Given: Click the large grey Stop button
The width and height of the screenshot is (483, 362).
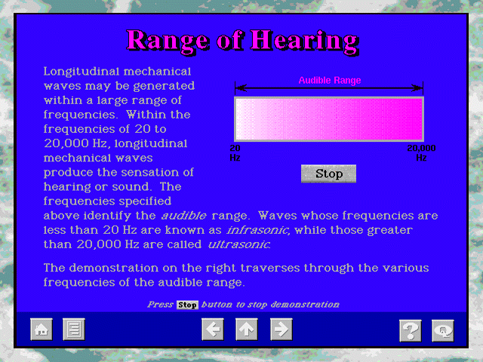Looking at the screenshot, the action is click(328, 174).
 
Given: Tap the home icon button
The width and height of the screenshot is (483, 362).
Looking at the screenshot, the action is click(42, 330).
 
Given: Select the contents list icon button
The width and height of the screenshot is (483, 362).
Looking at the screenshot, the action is click(74, 330).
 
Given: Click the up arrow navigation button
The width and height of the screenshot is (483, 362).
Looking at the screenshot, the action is click(247, 330).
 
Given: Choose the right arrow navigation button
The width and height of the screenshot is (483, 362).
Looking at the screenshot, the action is click(281, 330).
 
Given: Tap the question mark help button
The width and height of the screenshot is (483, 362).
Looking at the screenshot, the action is click(411, 330).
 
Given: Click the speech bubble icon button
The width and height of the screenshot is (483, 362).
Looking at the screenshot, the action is click(443, 330).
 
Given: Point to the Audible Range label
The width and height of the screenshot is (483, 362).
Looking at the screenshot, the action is click(330, 81).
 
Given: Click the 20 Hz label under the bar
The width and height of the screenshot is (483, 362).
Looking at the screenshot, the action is click(235, 153).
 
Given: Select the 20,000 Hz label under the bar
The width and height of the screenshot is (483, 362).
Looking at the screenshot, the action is click(421, 153).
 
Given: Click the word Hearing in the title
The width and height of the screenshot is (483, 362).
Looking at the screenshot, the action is click(304, 41).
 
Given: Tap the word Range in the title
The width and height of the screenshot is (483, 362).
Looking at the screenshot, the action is click(168, 41).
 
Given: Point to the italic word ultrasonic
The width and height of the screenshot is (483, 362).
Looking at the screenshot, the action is click(239, 244).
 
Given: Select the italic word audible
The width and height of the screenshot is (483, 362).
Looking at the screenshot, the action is click(184, 216).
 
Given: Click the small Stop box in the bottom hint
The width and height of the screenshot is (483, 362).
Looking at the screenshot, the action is click(187, 305).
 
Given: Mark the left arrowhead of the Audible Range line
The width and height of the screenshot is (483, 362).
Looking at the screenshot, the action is click(241, 88).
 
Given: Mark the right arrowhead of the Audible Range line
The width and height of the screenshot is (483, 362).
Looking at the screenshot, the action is click(417, 88).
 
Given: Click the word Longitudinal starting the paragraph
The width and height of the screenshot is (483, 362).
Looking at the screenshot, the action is click(80, 72).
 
